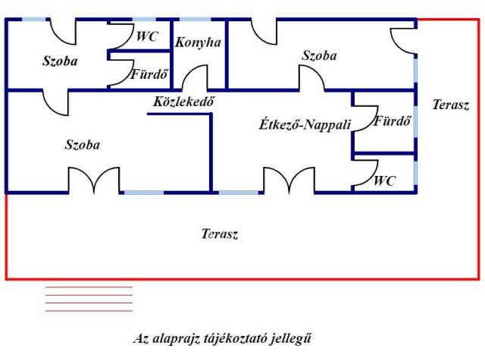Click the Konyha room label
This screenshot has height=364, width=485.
[198, 42]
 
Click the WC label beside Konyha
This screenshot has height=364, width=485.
[147, 36]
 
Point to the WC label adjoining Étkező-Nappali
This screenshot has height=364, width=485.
[385, 180]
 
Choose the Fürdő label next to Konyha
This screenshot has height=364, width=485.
[149, 75]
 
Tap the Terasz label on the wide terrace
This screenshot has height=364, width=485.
[220, 234]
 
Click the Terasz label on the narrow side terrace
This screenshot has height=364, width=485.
[451, 105]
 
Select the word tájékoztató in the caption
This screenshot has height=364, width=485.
[230, 339]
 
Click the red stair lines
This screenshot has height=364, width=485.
[89, 299]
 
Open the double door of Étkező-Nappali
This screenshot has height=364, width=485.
[289, 180]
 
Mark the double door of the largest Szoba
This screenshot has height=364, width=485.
[94, 180]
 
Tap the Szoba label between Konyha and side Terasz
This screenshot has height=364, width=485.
[319, 55]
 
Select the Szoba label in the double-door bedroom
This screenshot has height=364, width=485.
[83, 144]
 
